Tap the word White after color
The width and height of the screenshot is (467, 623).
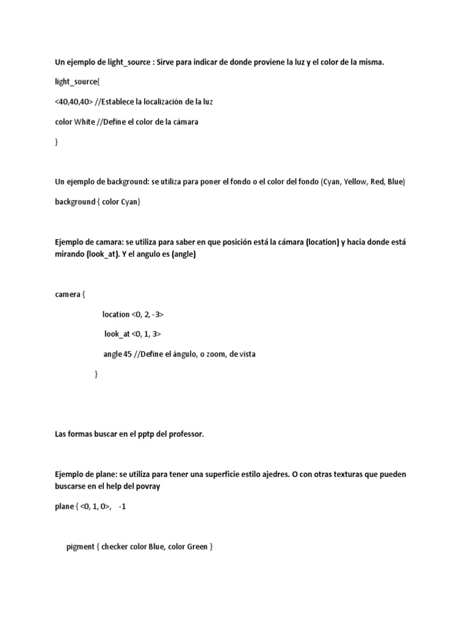pos(85,122)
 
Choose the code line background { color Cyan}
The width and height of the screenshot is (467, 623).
pos(97,201)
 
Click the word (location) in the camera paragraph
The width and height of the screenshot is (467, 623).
pos(322,242)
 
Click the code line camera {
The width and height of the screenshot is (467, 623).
pos(70,294)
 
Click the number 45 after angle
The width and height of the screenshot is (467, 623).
pos(128,354)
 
